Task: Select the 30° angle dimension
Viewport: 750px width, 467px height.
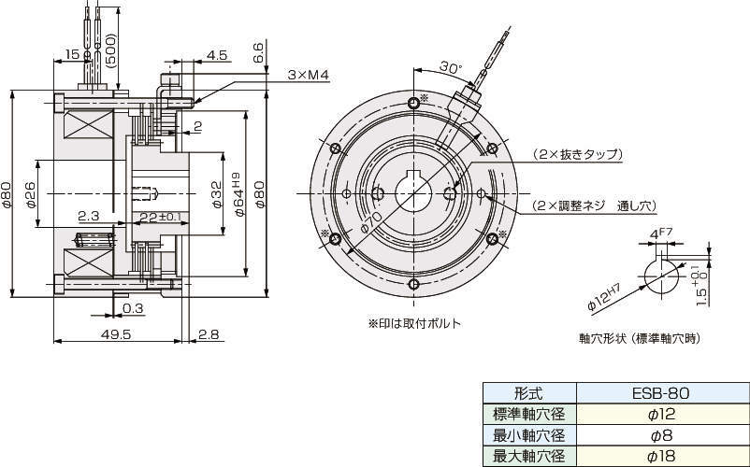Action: click(453, 67)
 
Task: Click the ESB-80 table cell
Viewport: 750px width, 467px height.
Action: click(661, 393)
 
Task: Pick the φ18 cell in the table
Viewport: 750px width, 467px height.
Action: click(661, 456)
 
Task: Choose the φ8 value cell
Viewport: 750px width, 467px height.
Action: click(661, 434)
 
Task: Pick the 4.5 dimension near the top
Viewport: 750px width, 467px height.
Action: click(217, 56)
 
